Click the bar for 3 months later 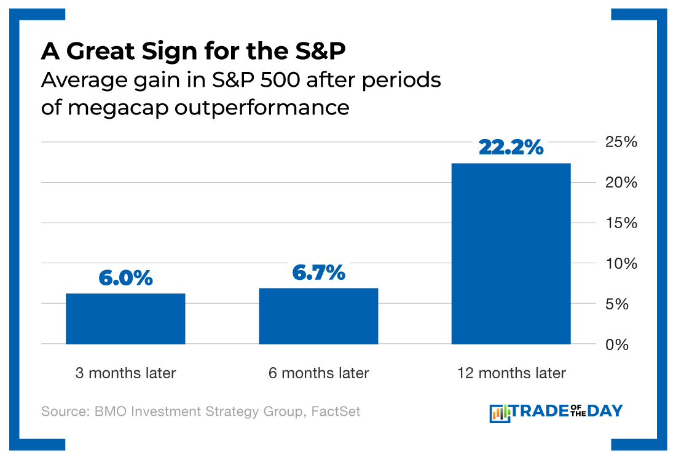(x=125, y=319)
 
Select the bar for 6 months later (x=318, y=316)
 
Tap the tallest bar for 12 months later (x=511, y=253)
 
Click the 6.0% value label (x=125, y=278)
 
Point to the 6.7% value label (x=318, y=272)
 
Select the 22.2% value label (x=511, y=147)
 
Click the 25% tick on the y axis (x=621, y=142)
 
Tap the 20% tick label (x=621, y=183)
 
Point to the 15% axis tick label (x=621, y=223)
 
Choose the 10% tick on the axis (x=621, y=263)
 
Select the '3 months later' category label (x=125, y=373)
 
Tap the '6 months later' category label (x=318, y=373)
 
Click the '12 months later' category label (x=511, y=373)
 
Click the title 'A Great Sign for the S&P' (x=194, y=52)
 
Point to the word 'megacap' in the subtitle (x=104, y=108)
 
